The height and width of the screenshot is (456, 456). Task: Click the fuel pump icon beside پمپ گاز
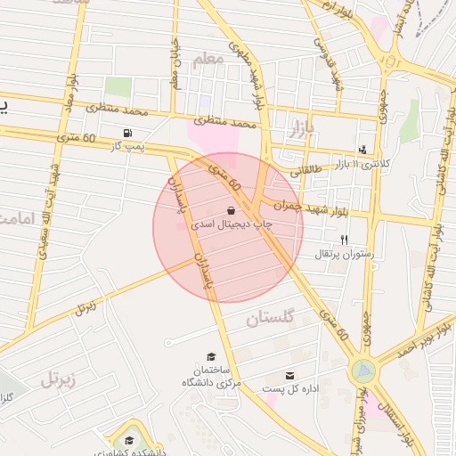click(x=130, y=134)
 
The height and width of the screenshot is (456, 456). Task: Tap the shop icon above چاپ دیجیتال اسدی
click(x=232, y=210)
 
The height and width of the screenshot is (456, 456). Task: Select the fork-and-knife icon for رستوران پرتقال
click(x=344, y=240)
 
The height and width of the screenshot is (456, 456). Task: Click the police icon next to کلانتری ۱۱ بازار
click(x=362, y=150)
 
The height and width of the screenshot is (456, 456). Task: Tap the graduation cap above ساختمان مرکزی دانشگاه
click(x=211, y=356)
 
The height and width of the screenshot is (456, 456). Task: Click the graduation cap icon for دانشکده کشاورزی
click(x=129, y=440)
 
